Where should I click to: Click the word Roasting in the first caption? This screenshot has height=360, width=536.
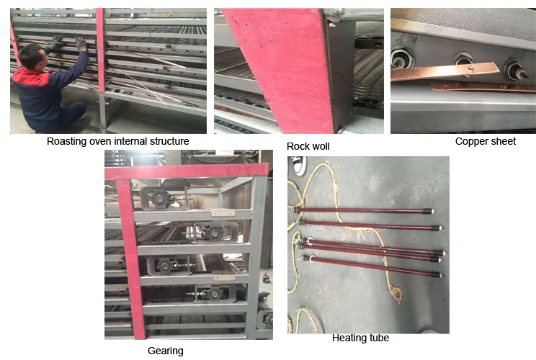click(x=68, y=141)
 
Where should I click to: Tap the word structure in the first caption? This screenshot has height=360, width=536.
click(x=168, y=141)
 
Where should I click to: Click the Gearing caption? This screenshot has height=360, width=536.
click(x=165, y=351)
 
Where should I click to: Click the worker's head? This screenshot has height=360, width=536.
click(x=30, y=55)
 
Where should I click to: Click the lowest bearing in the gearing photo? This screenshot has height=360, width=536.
click(x=215, y=294)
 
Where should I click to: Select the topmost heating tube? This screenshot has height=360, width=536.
click(x=367, y=211)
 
